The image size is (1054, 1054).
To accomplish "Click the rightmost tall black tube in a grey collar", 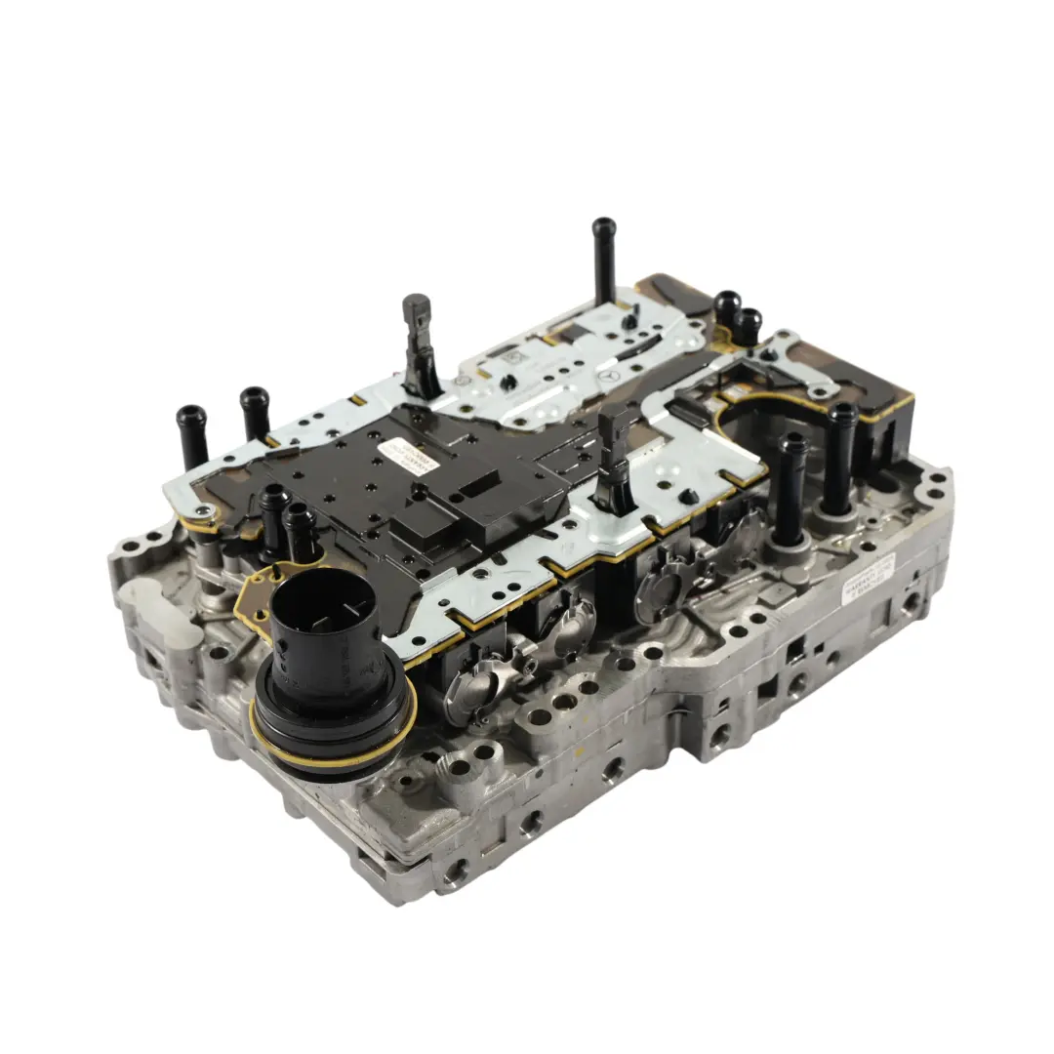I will pos(839,459).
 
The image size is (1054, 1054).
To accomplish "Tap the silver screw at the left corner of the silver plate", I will pos(203,512).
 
